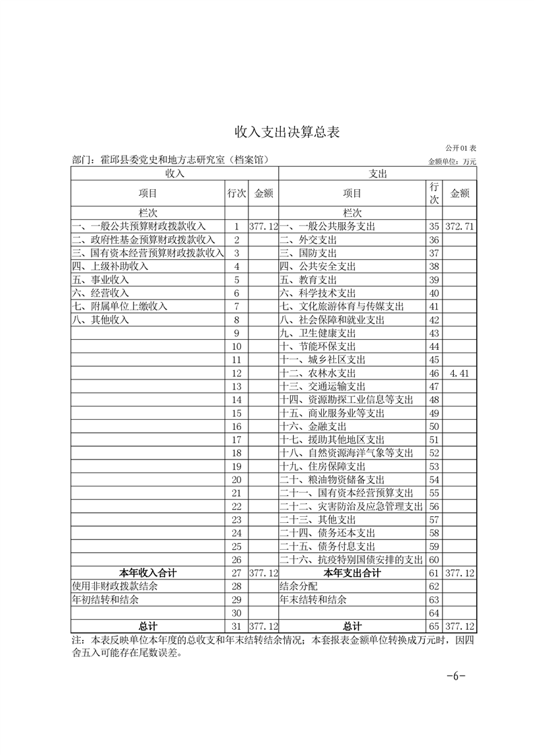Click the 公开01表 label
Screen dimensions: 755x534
pos(460,147)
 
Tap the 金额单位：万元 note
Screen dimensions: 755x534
pos(452,161)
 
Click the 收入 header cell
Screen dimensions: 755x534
pos(175,174)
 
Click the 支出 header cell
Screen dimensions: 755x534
pos(377,174)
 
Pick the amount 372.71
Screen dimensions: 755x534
pos(460,227)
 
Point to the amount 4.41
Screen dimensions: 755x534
pos(460,373)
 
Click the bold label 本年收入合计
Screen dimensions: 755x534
pos(148,573)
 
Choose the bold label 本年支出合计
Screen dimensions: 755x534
pos(352,573)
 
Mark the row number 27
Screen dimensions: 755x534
pos(236,573)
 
